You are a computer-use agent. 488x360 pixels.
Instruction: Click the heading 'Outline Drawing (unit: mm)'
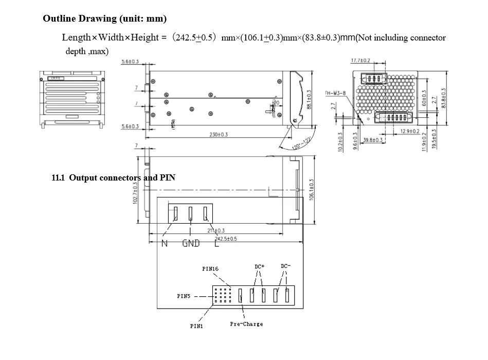(x=105, y=19)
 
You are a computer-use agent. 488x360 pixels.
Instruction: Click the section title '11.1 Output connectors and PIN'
(x=114, y=178)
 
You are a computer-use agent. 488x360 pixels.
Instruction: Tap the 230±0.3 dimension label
(x=219, y=134)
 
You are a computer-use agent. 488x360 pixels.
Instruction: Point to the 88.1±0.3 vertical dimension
(x=309, y=99)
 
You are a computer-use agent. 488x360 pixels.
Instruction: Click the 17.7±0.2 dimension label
(x=360, y=61)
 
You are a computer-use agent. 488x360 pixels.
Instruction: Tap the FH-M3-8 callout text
(x=336, y=93)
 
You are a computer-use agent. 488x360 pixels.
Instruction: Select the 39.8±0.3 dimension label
(x=372, y=140)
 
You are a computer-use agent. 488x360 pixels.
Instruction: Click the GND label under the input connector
(x=191, y=243)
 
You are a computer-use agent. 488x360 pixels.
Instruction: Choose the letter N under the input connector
(x=165, y=243)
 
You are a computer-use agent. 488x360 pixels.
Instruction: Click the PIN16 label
(x=210, y=268)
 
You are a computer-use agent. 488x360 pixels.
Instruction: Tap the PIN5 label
(x=184, y=296)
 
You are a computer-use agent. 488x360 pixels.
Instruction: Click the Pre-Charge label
(x=246, y=324)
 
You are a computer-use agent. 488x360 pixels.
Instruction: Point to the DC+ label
(x=259, y=266)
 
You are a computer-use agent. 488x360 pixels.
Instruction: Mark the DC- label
(x=286, y=266)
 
